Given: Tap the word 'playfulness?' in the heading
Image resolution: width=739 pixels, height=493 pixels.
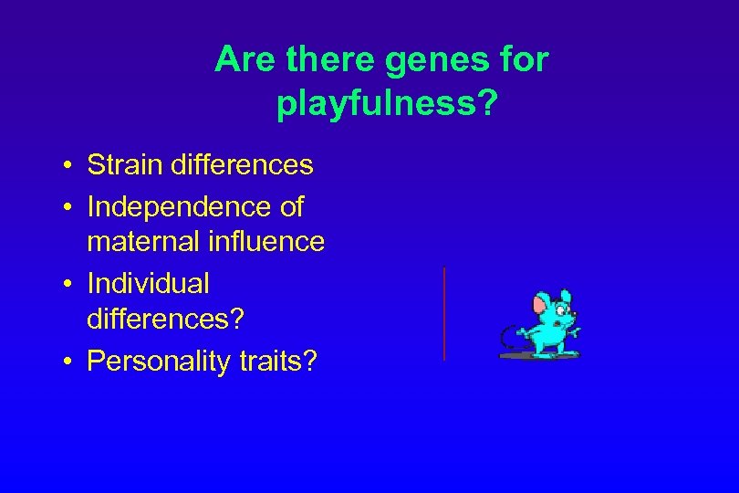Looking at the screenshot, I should point(387,104).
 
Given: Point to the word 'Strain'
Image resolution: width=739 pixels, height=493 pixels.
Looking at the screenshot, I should point(124,165).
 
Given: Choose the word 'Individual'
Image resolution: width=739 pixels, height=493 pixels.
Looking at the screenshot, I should point(148,284).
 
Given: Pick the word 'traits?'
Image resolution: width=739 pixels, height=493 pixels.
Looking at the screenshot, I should point(281,362).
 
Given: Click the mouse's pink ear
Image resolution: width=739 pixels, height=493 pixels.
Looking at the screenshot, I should point(542,303).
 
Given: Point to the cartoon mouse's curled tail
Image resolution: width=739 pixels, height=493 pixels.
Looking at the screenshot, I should point(505,342).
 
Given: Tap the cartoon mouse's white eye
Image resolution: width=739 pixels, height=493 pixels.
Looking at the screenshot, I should point(561,309).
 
